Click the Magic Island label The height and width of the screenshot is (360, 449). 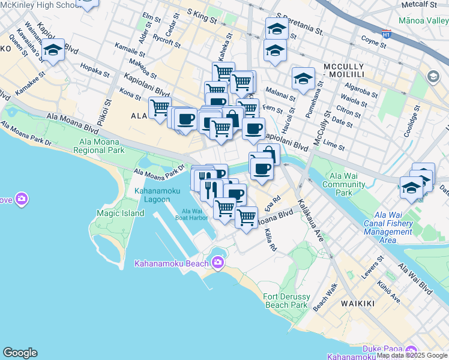tap(120, 213)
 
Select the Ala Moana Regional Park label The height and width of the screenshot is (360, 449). tap(98, 146)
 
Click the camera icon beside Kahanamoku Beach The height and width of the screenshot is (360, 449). tap(217, 262)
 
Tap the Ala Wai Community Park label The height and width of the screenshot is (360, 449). tap(344, 184)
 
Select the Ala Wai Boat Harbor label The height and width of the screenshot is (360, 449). tap(195, 214)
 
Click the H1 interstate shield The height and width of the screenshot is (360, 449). tap(387, 35)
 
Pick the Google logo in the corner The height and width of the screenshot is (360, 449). tap(20, 353)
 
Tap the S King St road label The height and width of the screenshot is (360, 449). tap(201, 16)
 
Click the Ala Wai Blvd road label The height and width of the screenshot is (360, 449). tap(415, 279)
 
